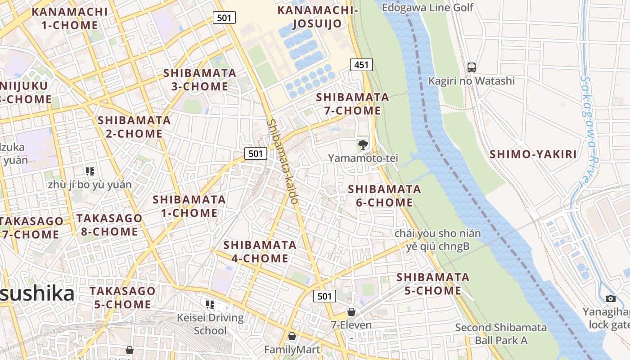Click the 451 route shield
(x=361, y=65)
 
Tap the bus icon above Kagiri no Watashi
(x=471, y=67)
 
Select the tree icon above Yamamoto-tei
(x=363, y=145)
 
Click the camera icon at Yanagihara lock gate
(x=610, y=298)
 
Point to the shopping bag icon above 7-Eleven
(x=351, y=312)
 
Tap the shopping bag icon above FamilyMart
(x=292, y=336)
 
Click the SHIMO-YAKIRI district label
(x=533, y=154)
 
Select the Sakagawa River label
(x=590, y=130)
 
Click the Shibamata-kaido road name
(x=282, y=161)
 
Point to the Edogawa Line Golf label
(x=427, y=7)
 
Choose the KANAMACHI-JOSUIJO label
(x=317, y=17)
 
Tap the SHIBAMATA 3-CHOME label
(x=200, y=80)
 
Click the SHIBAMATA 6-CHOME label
(x=384, y=196)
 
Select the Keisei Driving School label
(x=210, y=324)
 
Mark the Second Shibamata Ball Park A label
(x=501, y=333)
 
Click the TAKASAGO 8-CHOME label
(x=109, y=225)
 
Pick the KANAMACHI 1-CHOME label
(x=70, y=18)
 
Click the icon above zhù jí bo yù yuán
(x=90, y=171)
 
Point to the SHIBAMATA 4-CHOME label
(x=260, y=252)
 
